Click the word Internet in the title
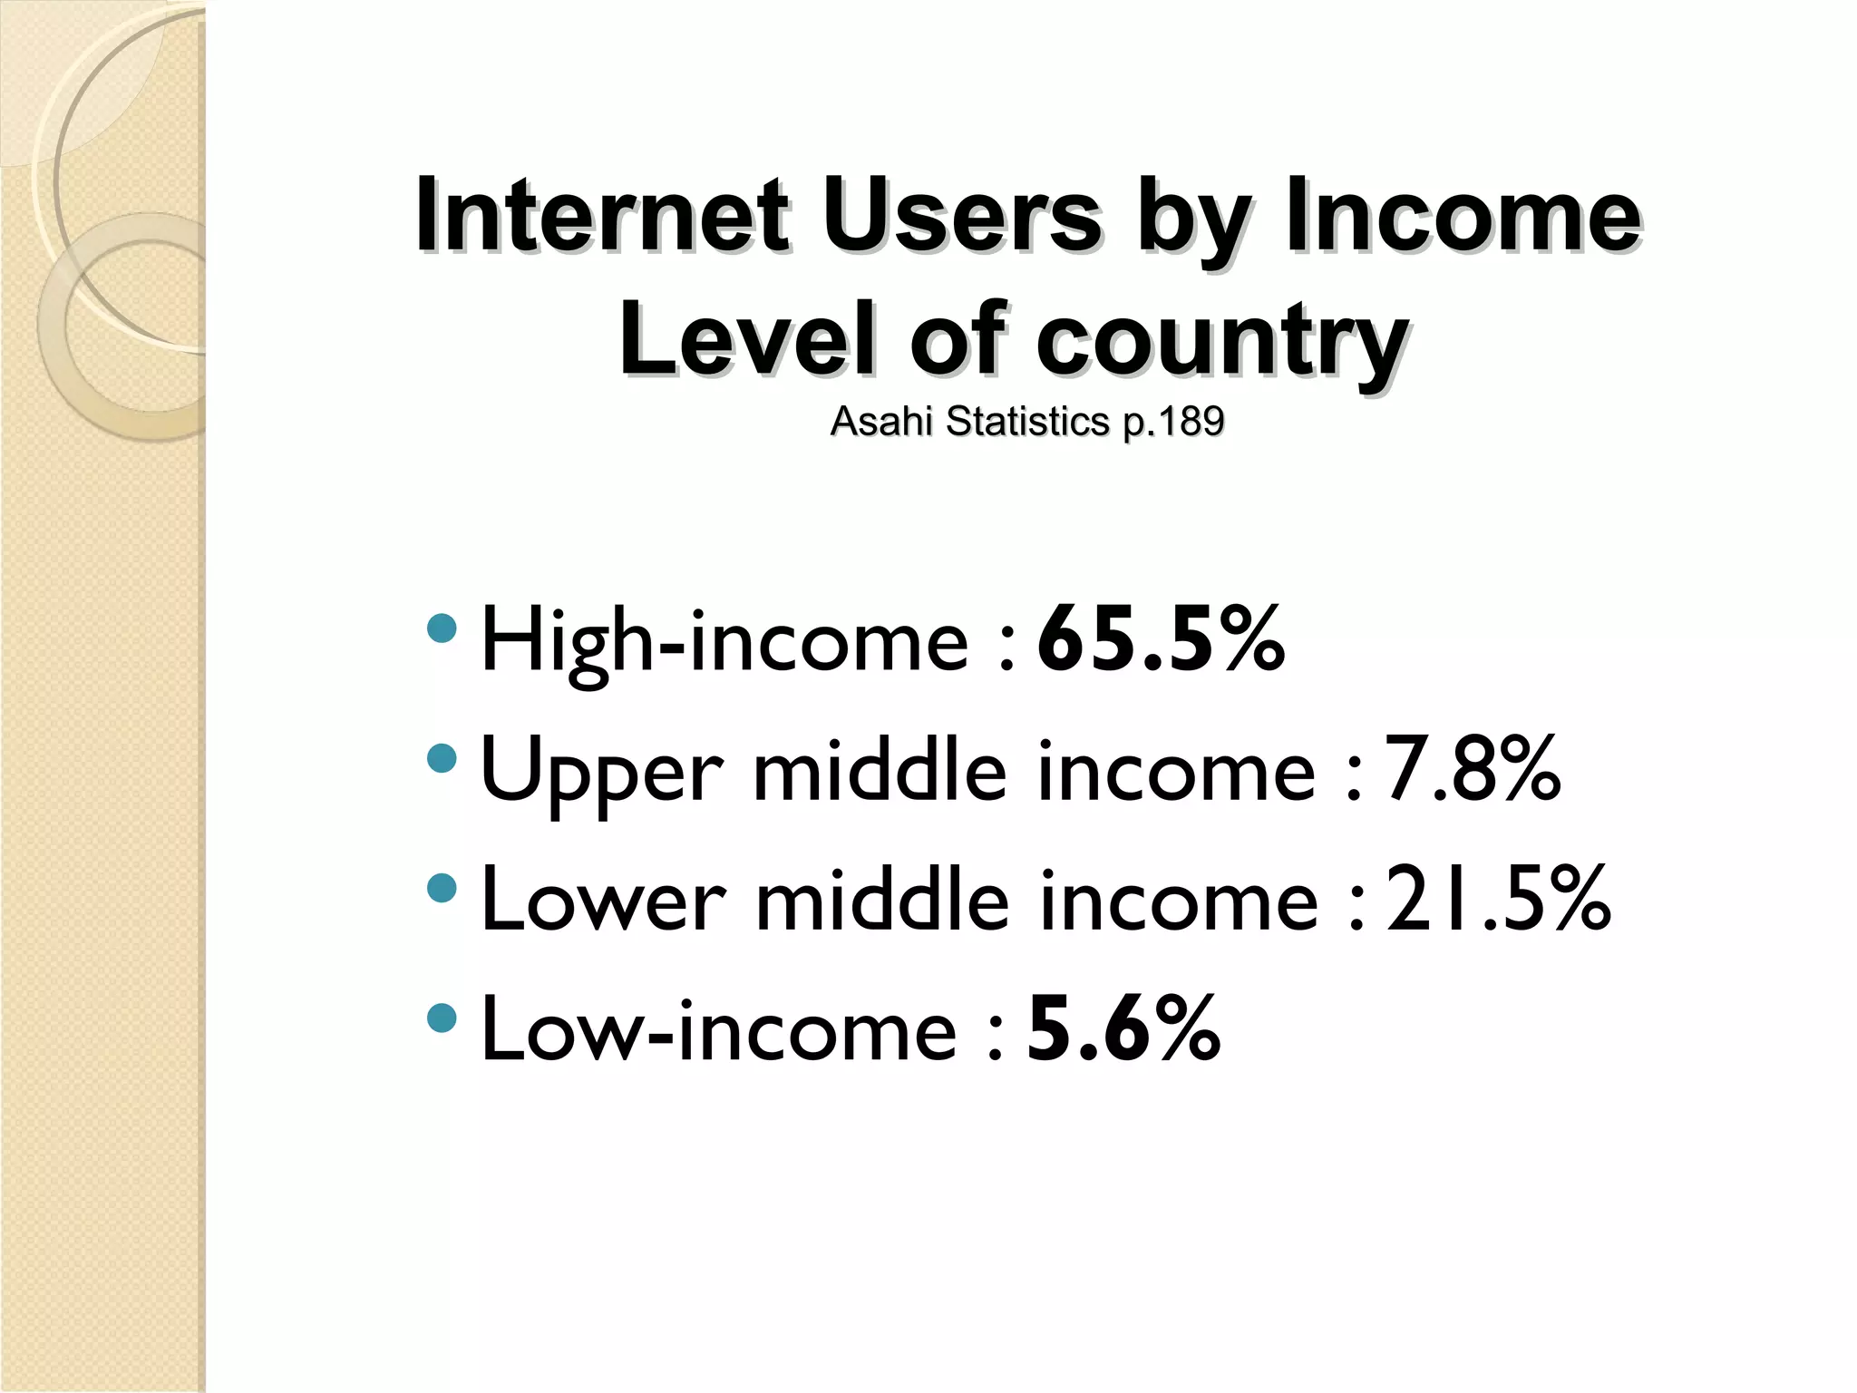(x=601, y=218)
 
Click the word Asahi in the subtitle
(x=881, y=421)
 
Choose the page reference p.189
(x=1173, y=423)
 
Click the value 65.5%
(x=1161, y=641)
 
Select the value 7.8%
(x=1472, y=770)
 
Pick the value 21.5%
(x=1498, y=899)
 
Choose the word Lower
(x=603, y=901)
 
